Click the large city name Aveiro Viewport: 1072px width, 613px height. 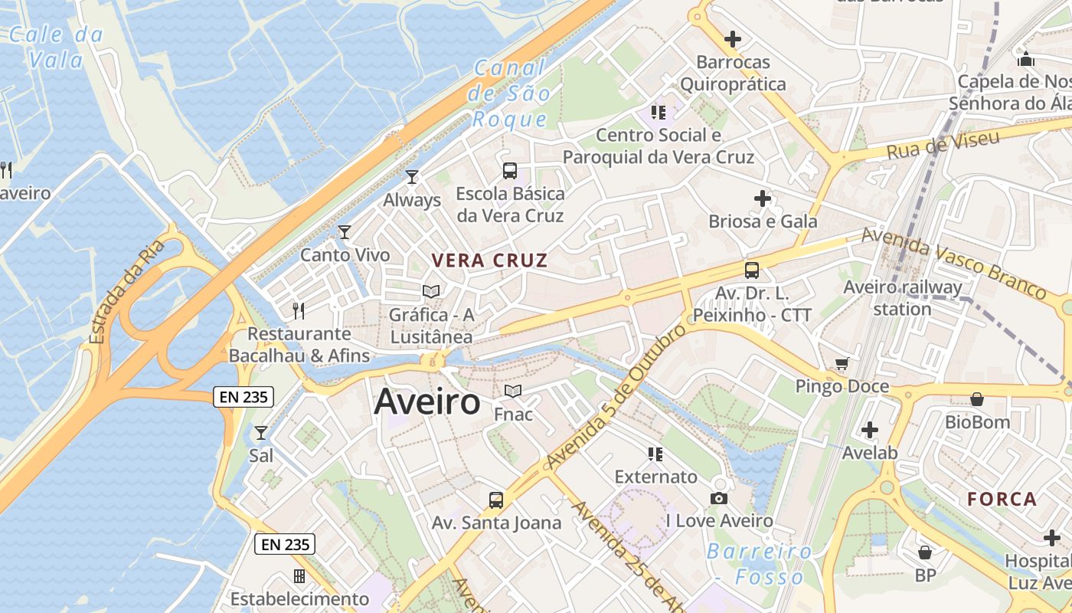point(427,402)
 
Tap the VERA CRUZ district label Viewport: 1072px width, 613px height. point(490,261)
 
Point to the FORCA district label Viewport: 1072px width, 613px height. point(1002,500)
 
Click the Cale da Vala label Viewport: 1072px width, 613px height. point(56,46)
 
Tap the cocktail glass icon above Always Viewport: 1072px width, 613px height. point(412,177)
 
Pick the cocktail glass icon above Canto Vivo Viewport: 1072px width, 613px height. point(345,231)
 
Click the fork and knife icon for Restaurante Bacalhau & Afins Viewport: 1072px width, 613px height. point(299,310)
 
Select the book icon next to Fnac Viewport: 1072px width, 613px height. point(513,392)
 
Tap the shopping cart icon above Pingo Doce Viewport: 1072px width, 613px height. point(842,363)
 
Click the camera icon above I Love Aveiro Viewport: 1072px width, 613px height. point(718,499)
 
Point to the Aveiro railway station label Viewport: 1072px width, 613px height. point(903,298)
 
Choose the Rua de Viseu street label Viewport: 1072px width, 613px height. point(943,144)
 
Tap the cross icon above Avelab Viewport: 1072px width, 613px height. point(869,430)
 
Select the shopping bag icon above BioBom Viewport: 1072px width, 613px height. point(977,399)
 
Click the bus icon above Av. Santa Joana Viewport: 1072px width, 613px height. point(496,500)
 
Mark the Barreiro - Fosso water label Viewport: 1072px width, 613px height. point(758,563)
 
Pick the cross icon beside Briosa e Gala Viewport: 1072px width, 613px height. point(763,198)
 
